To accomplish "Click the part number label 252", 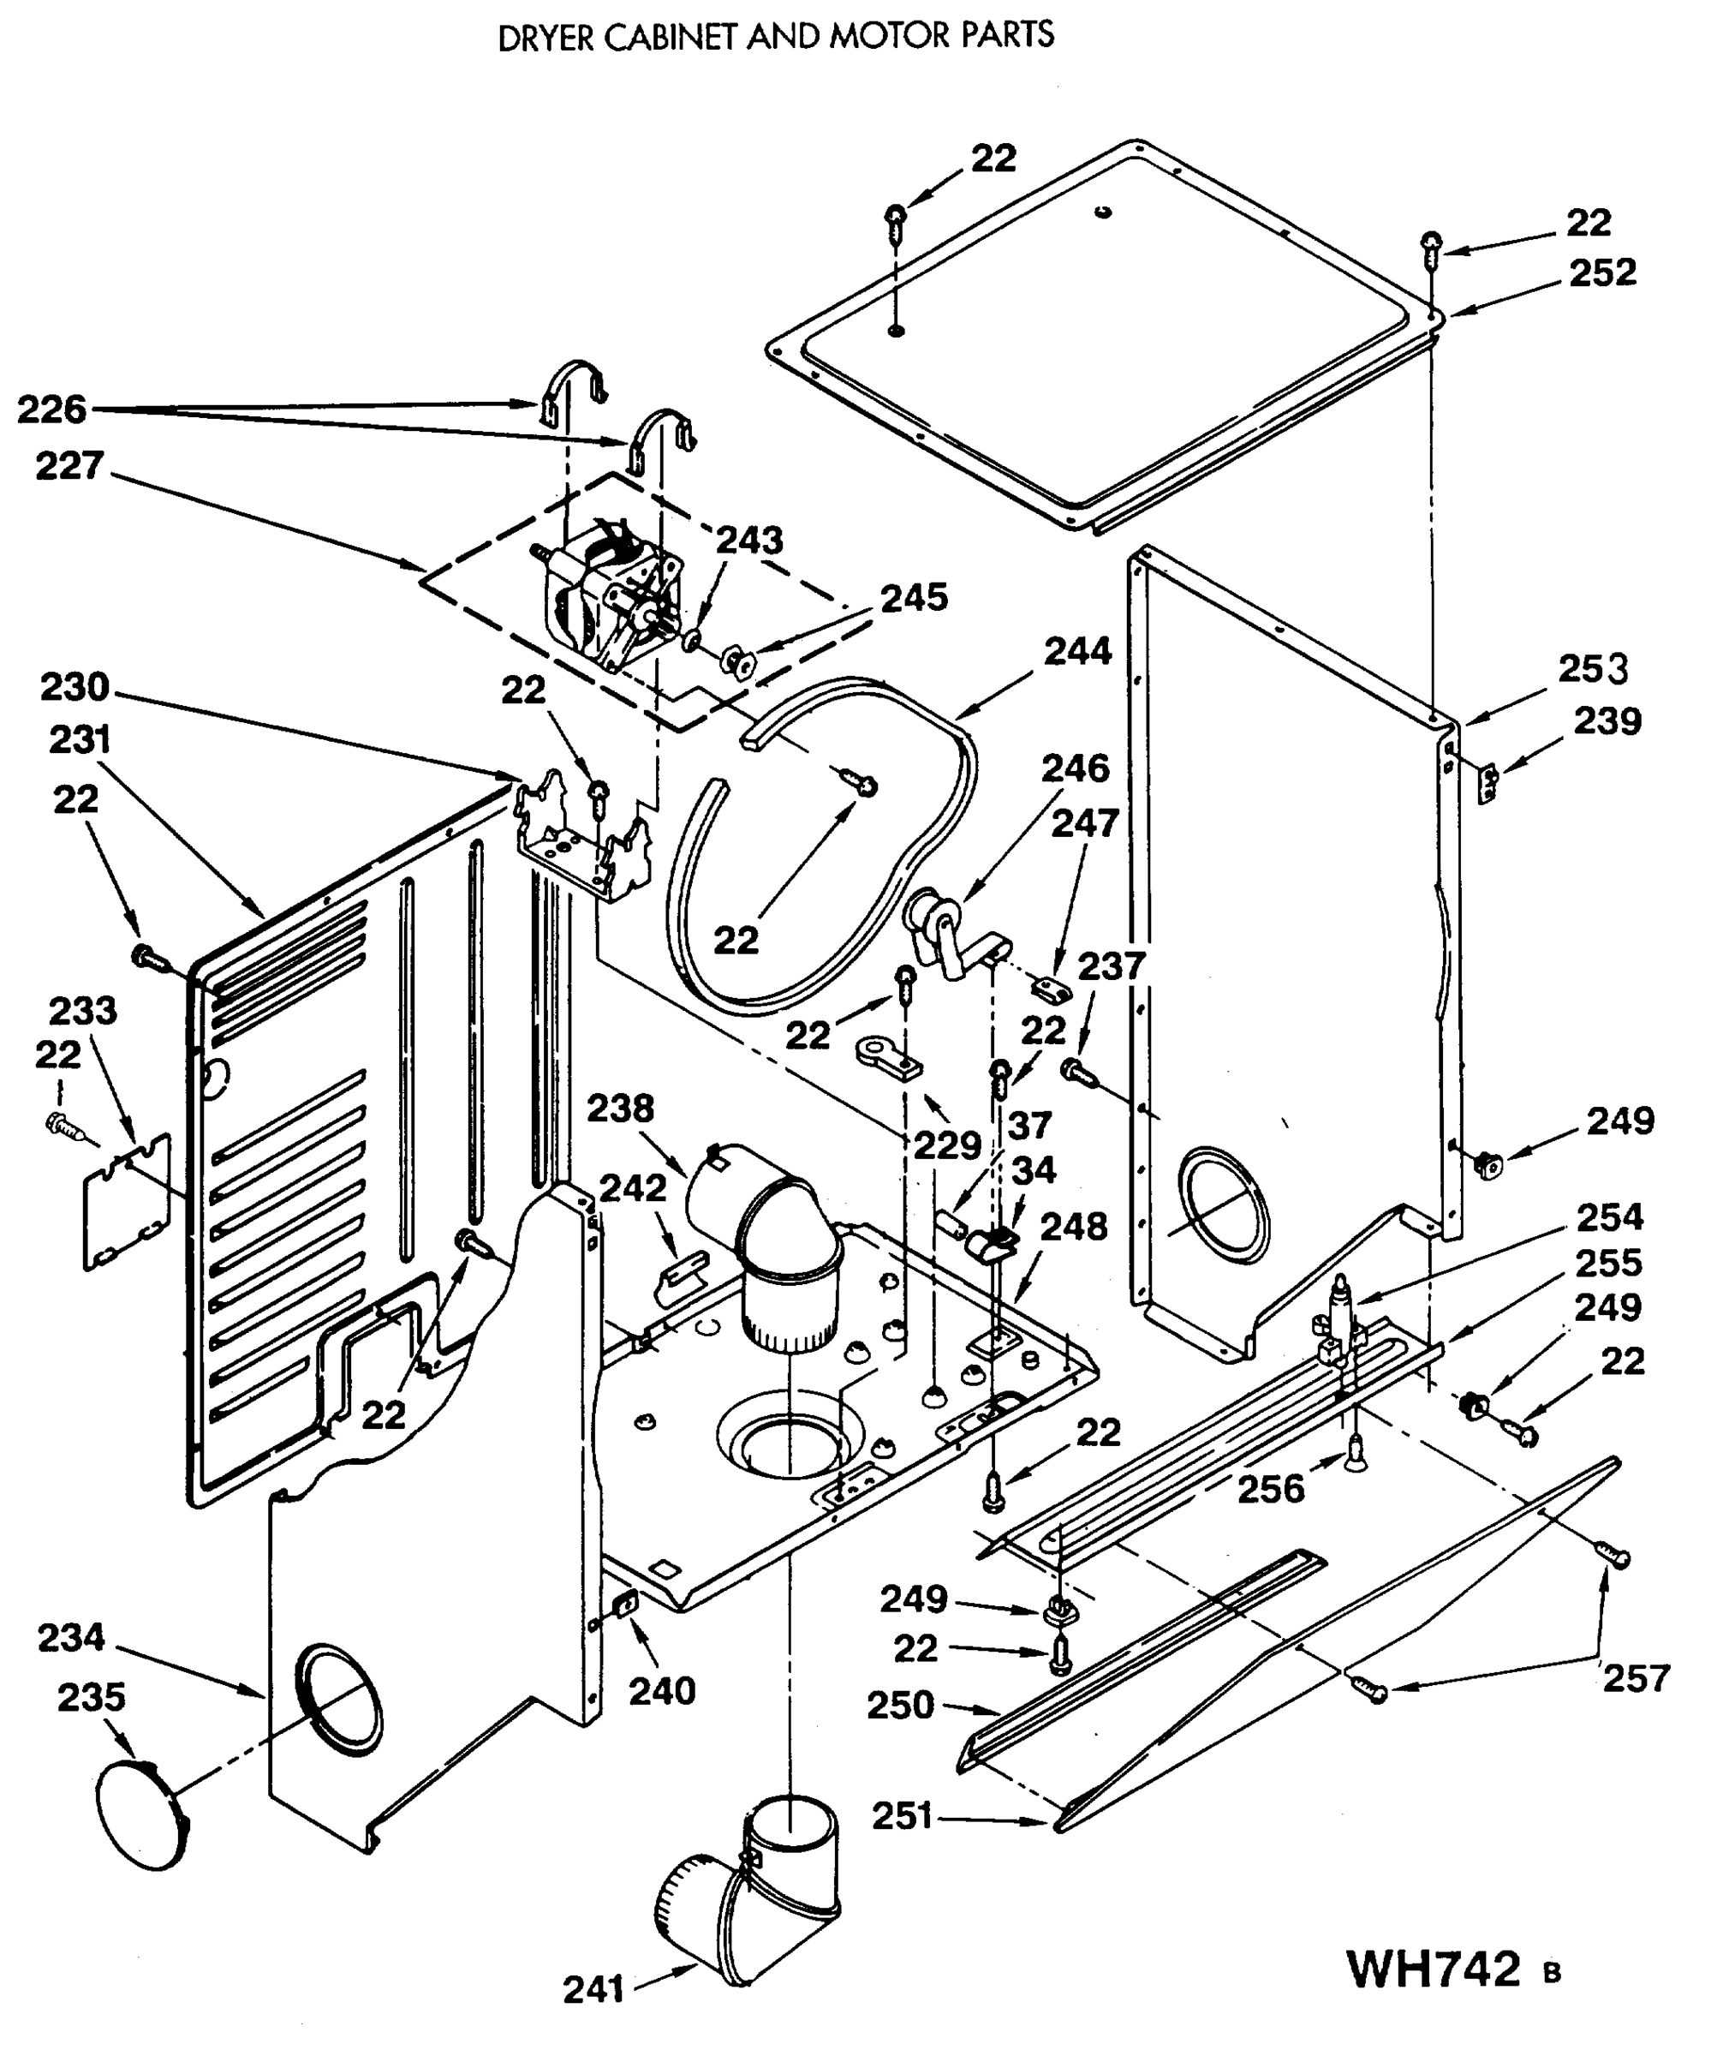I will tap(1602, 272).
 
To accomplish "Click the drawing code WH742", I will tap(1434, 1968).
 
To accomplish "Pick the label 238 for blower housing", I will tap(620, 1109).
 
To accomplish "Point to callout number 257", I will tap(1635, 1679).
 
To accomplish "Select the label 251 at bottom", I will tap(902, 1816).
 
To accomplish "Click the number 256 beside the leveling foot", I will tap(1271, 1489).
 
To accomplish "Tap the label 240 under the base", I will tap(662, 1691).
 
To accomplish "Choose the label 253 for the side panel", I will tap(1593, 670).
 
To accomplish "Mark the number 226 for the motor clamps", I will tap(52, 409).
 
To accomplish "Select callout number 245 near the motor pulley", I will tap(914, 597).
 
